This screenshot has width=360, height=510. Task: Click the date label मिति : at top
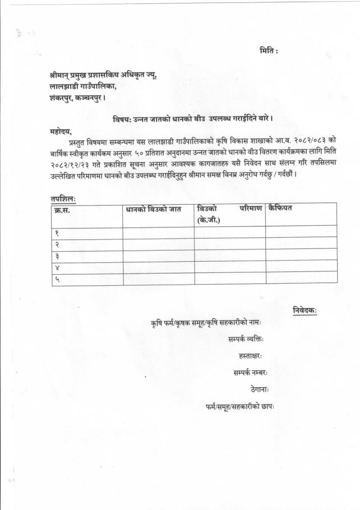pos(269,51)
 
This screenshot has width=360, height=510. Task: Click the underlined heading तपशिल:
pos(62,198)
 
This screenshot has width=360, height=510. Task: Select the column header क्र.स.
pos(62,209)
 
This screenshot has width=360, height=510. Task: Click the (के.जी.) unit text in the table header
pos(209,220)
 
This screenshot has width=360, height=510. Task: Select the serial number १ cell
pos(57,233)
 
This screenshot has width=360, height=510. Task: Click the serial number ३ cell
pos(57,256)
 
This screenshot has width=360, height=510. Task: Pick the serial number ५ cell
pos(57,278)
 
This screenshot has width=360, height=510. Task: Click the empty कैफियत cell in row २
pos(301,244)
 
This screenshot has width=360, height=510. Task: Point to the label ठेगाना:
pos(260,389)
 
